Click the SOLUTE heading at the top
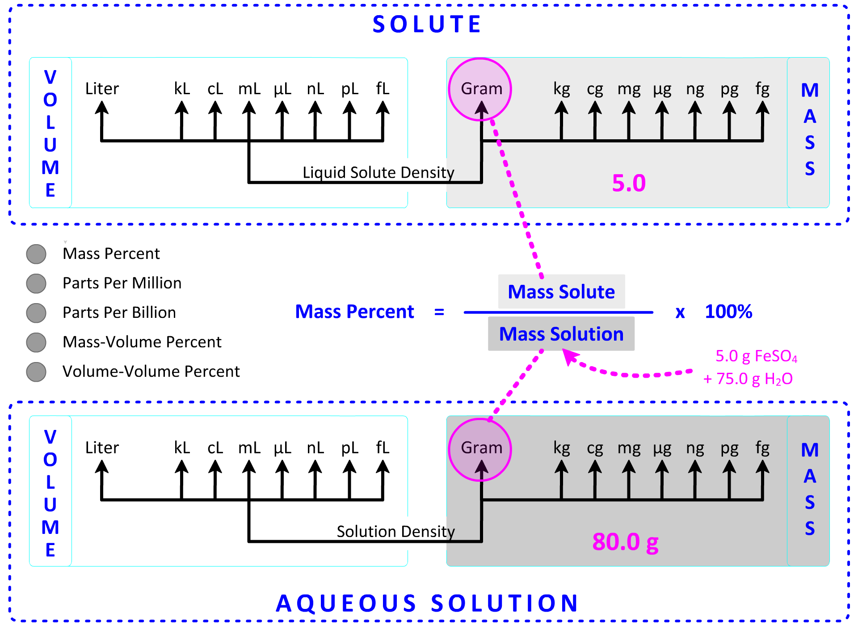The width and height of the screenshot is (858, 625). pyautogui.click(x=427, y=24)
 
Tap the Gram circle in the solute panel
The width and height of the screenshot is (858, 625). pyautogui.click(x=480, y=89)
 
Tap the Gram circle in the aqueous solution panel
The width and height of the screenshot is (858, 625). pyautogui.click(x=480, y=449)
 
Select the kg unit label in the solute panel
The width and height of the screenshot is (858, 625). pyautogui.click(x=562, y=89)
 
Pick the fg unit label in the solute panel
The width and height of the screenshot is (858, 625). pyautogui.click(x=762, y=89)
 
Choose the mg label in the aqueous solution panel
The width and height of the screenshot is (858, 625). pyautogui.click(x=629, y=448)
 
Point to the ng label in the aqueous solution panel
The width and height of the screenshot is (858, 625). pyautogui.click(x=695, y=448)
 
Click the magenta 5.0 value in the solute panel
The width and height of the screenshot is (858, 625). pyautogui.click(x=629, y=183)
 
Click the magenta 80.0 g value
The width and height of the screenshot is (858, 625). pyautogui.click(x=625, y=542)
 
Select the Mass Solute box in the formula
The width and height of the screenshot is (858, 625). pyautogui.click(x=561, y=292)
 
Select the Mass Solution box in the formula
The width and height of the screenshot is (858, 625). pyautogui.click(x=561, y=334)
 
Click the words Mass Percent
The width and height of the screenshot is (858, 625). pyautogui.click(x=355, y=312)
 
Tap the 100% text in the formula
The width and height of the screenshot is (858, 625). pyautogui.click(x=728, y=312)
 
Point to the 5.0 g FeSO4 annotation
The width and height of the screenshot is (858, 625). pyautogui.click(x=756, y=356)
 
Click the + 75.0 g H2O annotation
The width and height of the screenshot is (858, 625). pyautogui.click(x=748, y=379)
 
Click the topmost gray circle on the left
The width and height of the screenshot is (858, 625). pyautogui.click(x=36, y=254)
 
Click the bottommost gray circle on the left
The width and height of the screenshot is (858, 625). pyautogui.click(x=36, y=372)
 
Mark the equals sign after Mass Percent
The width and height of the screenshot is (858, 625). pyautogui.click(x=439, y=312)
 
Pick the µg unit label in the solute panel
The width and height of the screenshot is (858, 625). pyautogui.click(x=662, y=89)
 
